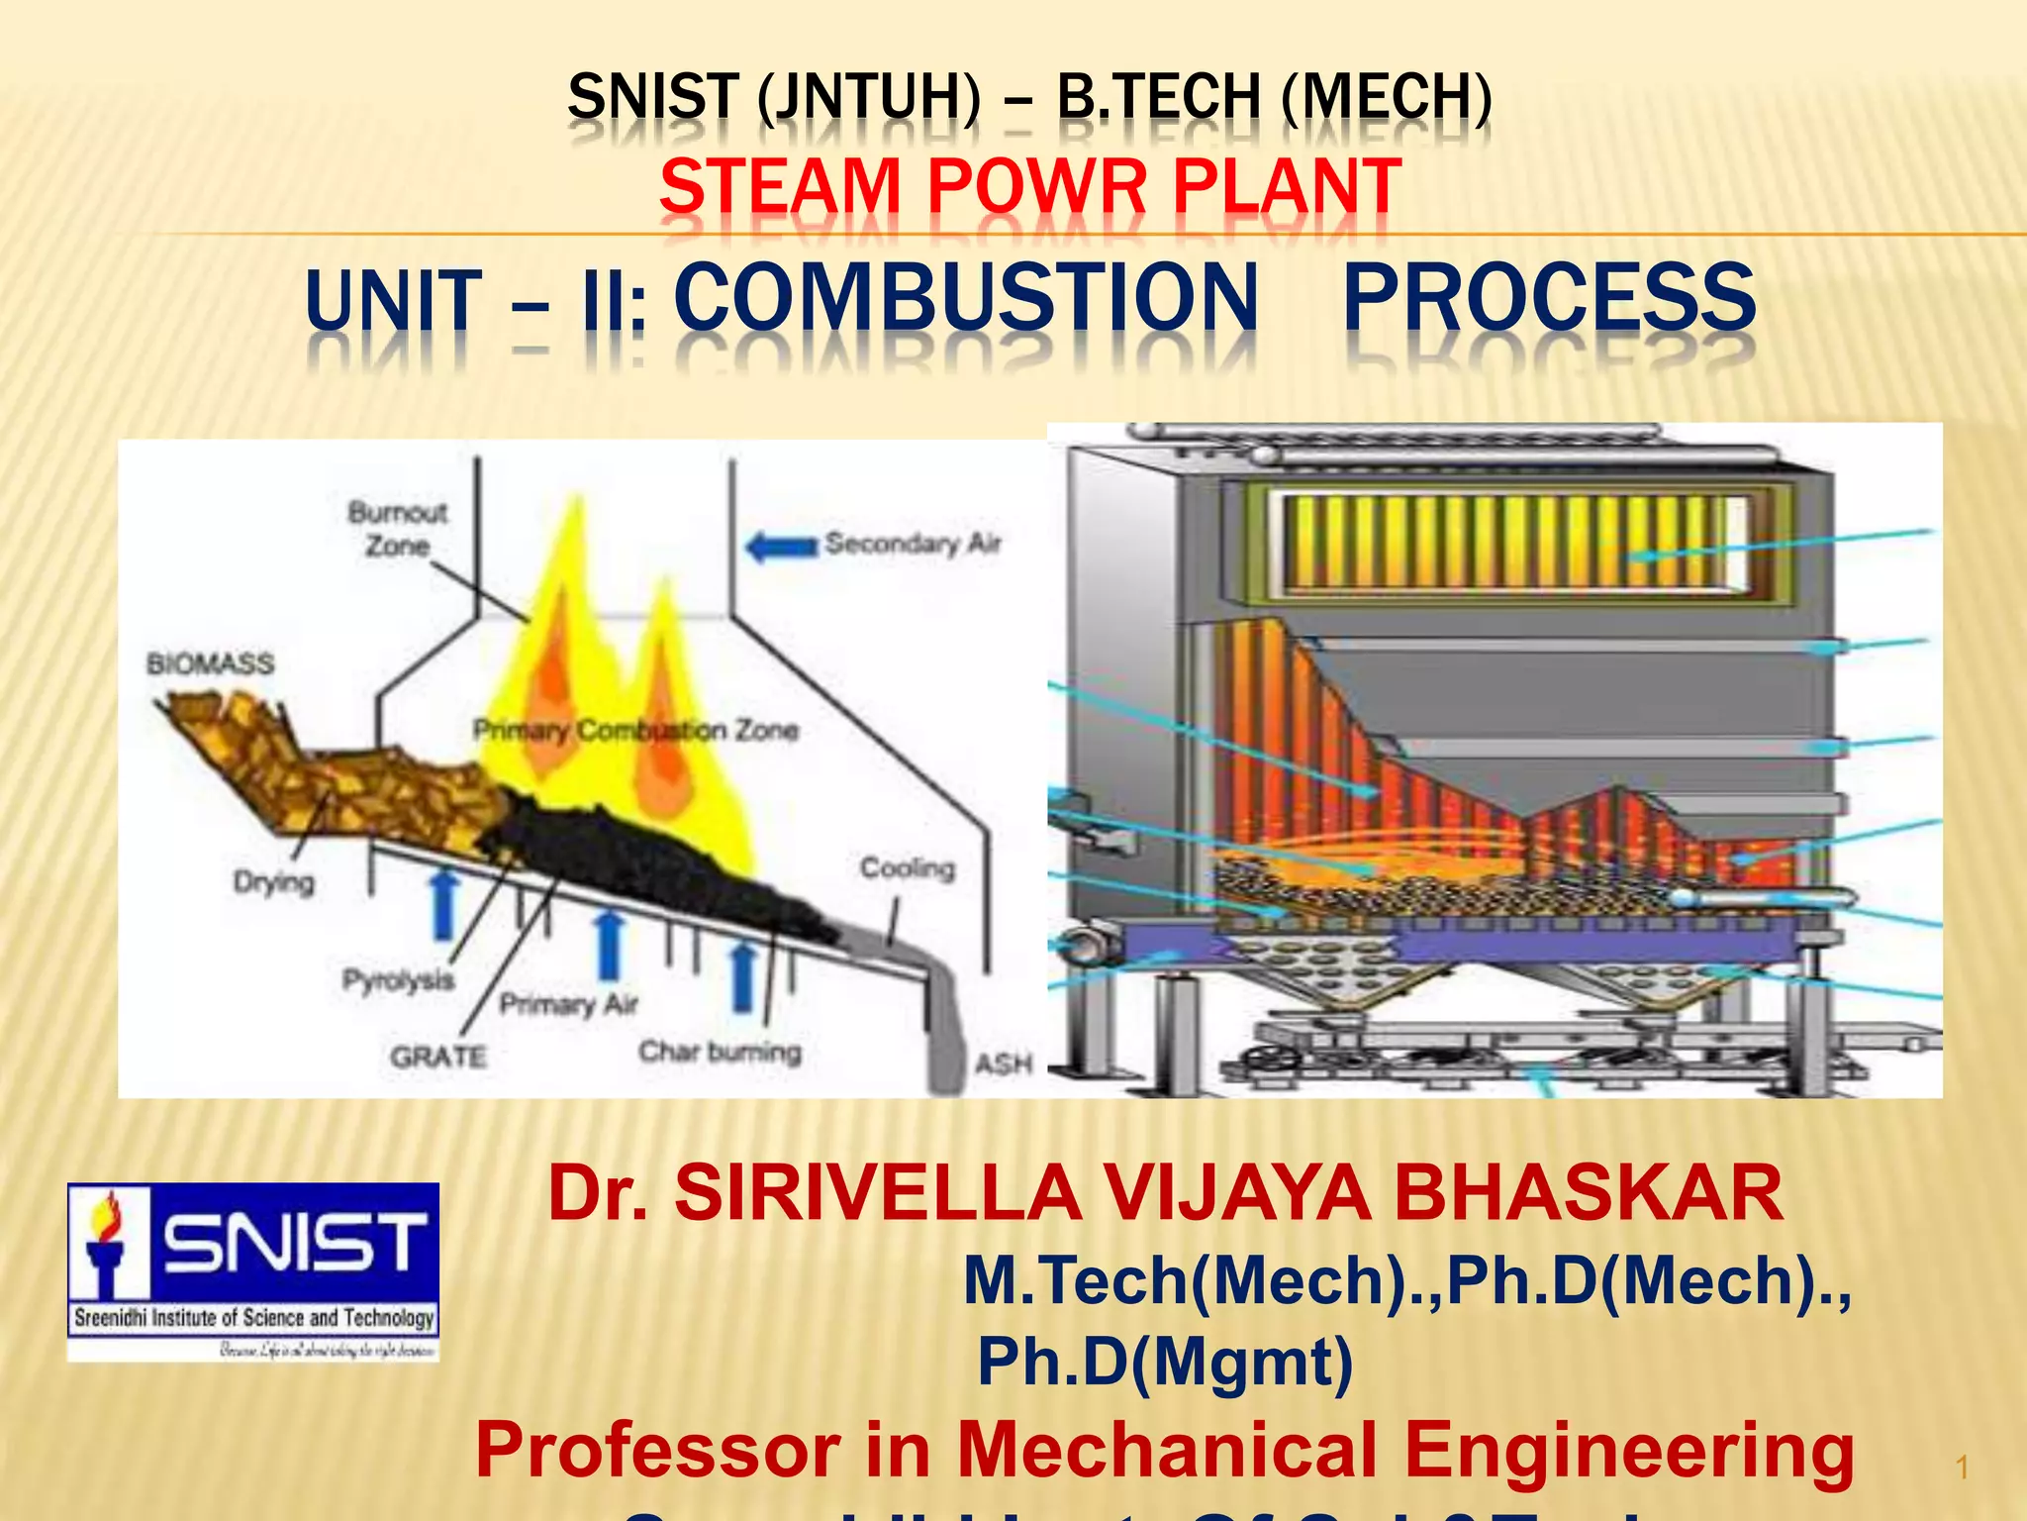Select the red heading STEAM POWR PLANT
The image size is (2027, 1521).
click(x=1029, y=185)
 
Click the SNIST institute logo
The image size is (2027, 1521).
click(x=253, y=1270)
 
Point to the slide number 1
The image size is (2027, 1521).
click(x=1963, y=1468)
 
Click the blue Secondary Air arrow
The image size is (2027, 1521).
click(x=781, y=546)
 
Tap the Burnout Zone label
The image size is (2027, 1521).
click(x=397, y=529)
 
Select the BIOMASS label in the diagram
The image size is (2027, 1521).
click(x=210, y=663)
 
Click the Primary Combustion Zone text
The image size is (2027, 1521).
click(x=635, y=731)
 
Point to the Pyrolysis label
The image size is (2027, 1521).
click(x=398, y=980)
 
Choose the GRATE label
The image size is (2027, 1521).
click(x=437, y=1057)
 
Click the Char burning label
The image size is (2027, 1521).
click(x=720, y=1051)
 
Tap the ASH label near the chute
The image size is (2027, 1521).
click(x=1003, y=1064)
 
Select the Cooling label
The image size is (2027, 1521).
click(x=907, y=868)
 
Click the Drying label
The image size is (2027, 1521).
click(x=273, y=881)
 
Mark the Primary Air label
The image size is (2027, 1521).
click(x=568, y=1004)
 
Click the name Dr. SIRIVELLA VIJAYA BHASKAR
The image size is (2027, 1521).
click(x=1165, y=1193)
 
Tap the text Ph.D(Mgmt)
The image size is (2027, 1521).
click(x=1165, y=1361)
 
